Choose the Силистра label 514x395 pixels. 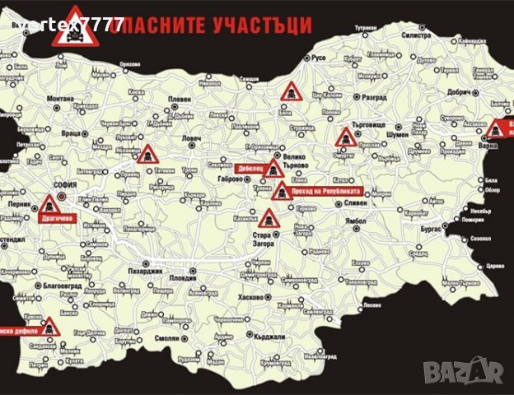[x=416, y=36]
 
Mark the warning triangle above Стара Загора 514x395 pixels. [x=268, y=219]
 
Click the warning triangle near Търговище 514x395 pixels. [x=345, y=138]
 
